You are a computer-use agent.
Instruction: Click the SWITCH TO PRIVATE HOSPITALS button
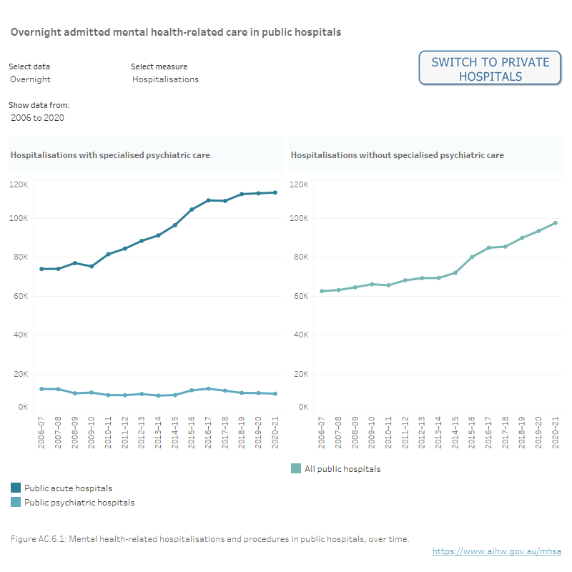(490, 69)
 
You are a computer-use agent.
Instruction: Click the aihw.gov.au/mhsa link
(496, 551)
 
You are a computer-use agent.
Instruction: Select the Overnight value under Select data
(31, 79)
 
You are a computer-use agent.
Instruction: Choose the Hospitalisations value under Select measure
(165, 79)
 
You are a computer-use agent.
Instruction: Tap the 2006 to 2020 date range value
(37, 117)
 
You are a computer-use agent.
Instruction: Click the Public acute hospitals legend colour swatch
(16, 488)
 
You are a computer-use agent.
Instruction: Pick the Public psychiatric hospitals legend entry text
(79, 503)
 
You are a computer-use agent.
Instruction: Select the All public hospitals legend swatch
(296, 469)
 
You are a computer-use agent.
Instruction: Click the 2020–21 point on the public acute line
(275, 192)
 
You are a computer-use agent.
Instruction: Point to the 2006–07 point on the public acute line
(41, 269)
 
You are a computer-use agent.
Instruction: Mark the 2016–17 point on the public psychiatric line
(208, 389)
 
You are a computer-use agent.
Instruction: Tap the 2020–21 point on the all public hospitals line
(555, 223)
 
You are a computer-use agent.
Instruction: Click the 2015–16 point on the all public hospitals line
(472, 257)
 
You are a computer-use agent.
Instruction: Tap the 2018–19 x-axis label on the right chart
(522, 433)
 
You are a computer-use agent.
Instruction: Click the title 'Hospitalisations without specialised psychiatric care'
(397, 155)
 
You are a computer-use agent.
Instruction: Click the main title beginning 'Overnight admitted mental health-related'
(175, 32)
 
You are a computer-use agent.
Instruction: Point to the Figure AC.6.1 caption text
(209, 538)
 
